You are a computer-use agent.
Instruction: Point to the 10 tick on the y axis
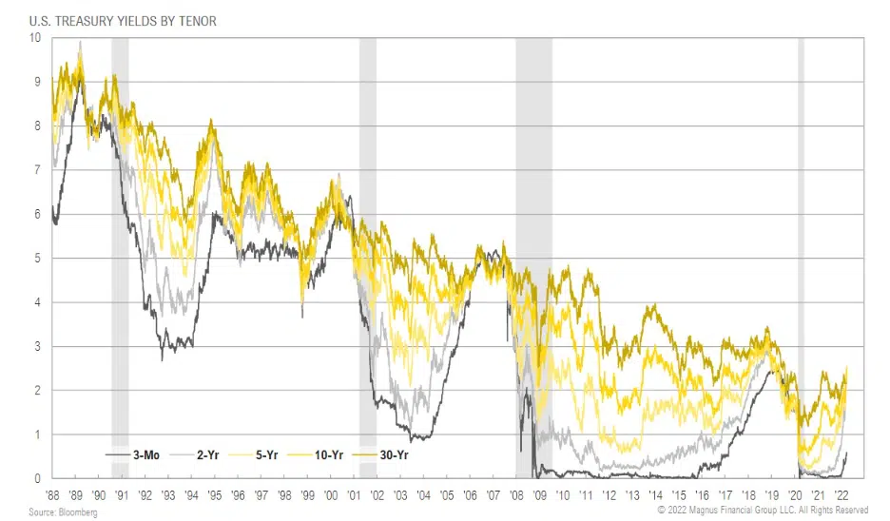(x=35, y=37)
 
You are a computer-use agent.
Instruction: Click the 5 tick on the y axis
(x=37, y=258)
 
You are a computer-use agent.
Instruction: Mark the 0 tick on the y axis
(x=37, y=479)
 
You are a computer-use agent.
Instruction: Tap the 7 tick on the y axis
(x=37, y=169)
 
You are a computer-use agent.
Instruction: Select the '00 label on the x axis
(x=331, y=494)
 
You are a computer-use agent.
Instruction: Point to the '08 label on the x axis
(x=517, y=494)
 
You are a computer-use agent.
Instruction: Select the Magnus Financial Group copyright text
(x=761, y=511)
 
